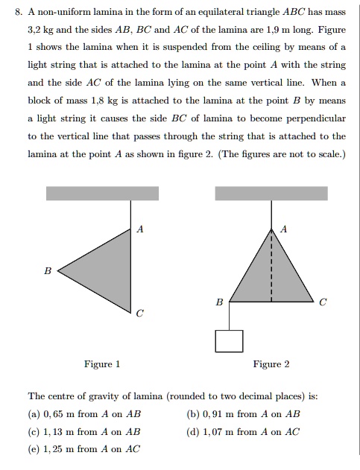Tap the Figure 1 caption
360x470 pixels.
coord(102,364)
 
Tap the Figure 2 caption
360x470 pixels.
coord(271,364)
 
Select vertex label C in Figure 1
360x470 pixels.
coord(139,314)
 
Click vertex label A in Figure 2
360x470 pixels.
coord(281,230)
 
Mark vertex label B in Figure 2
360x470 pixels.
coord(218,302)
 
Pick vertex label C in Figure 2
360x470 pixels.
coord(322,302)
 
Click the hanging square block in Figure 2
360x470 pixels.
coord(230,340)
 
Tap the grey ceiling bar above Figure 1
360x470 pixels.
coord(103,193)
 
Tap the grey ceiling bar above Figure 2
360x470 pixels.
coord(271,193)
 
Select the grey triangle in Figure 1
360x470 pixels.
coord(104,268)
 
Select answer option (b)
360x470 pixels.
coord(244,414)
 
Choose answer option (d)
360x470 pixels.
coord(244,431)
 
